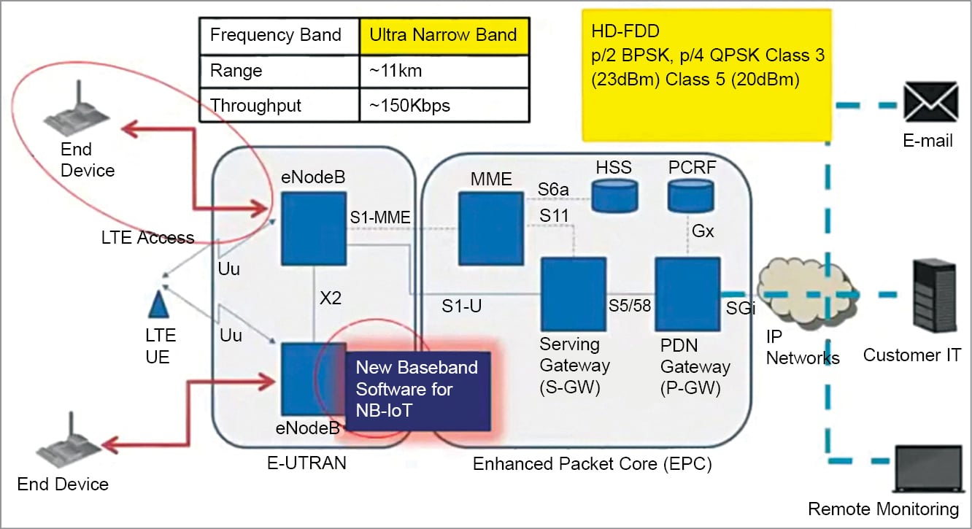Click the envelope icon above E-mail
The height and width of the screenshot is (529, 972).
tap(931, 101)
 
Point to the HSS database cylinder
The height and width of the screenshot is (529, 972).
tap(614, 196)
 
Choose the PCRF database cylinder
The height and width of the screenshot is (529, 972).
tap(690, 196)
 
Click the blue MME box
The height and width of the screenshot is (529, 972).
tap(491, 228)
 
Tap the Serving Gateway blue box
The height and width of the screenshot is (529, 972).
tap(574, 294)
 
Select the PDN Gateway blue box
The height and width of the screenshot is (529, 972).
tap(688, 294)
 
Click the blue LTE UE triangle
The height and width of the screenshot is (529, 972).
tap(158, 305)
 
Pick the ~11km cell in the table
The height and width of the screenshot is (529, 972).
tap(444, 71)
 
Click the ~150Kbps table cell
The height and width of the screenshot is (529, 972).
tap(444, 106)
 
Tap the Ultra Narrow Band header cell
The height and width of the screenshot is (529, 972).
tap(444, 35)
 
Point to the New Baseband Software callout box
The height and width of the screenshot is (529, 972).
tap(418, 390)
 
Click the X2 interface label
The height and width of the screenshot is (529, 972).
tap(331, 298)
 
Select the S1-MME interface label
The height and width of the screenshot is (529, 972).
tap(380, 217)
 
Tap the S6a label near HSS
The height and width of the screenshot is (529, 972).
tap(553, 189)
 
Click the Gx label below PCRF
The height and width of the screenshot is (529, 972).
tap(703, 231)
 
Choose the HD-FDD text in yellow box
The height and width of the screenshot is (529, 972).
tap(625, 31)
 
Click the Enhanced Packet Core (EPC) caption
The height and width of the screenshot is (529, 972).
tap(593, 464)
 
